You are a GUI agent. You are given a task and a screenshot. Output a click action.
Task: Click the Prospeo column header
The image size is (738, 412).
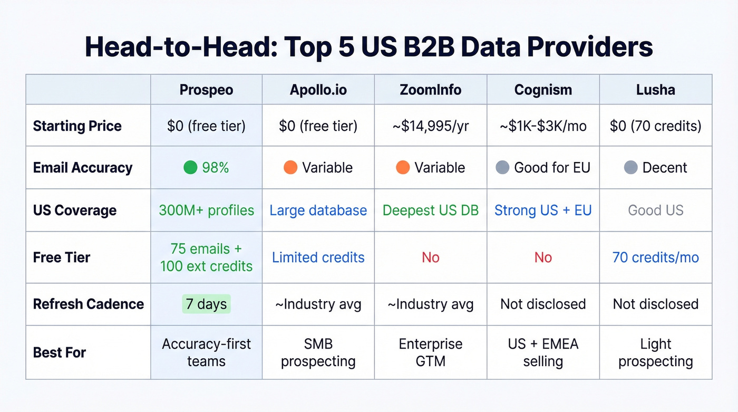(206, 90)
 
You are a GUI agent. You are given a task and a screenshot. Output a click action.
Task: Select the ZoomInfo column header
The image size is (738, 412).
(430, 90)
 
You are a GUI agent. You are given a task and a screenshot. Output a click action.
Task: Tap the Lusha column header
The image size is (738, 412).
(655, 90)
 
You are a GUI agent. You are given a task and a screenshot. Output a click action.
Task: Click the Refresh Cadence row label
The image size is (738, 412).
(89, 304)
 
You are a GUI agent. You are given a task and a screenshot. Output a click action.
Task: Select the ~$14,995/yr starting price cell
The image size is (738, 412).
(430, 126)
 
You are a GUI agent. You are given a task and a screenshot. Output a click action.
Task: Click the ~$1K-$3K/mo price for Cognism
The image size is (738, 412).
(543, 126)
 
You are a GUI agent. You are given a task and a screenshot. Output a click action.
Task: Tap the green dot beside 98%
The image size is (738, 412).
(190, 168)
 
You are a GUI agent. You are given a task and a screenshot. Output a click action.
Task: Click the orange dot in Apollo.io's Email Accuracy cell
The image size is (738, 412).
(290, 168)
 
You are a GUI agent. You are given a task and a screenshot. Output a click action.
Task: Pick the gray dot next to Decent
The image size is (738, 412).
(630, 168)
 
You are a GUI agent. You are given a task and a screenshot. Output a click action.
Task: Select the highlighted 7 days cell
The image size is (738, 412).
(206, 304)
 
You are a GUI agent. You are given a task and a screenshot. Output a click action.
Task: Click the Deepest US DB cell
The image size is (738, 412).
(430, 210)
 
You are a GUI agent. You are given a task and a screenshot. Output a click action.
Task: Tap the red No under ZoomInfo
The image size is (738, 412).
(430, 257)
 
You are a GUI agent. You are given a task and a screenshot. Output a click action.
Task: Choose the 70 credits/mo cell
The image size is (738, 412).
(655, 257)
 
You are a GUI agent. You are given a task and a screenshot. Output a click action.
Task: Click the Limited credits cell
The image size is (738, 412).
(318, 257)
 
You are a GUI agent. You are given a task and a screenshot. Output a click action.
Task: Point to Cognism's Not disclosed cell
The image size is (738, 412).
(543, 304)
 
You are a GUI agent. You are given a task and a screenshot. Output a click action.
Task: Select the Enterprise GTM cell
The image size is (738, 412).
(430, 352)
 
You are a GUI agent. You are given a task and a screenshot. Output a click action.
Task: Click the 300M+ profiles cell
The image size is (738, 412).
(206, 210)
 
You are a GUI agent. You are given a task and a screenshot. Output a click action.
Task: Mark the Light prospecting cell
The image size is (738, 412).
(655, 352)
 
